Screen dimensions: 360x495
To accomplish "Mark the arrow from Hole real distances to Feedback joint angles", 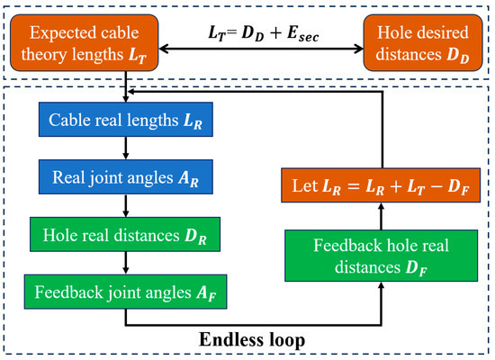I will click(127, 266).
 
